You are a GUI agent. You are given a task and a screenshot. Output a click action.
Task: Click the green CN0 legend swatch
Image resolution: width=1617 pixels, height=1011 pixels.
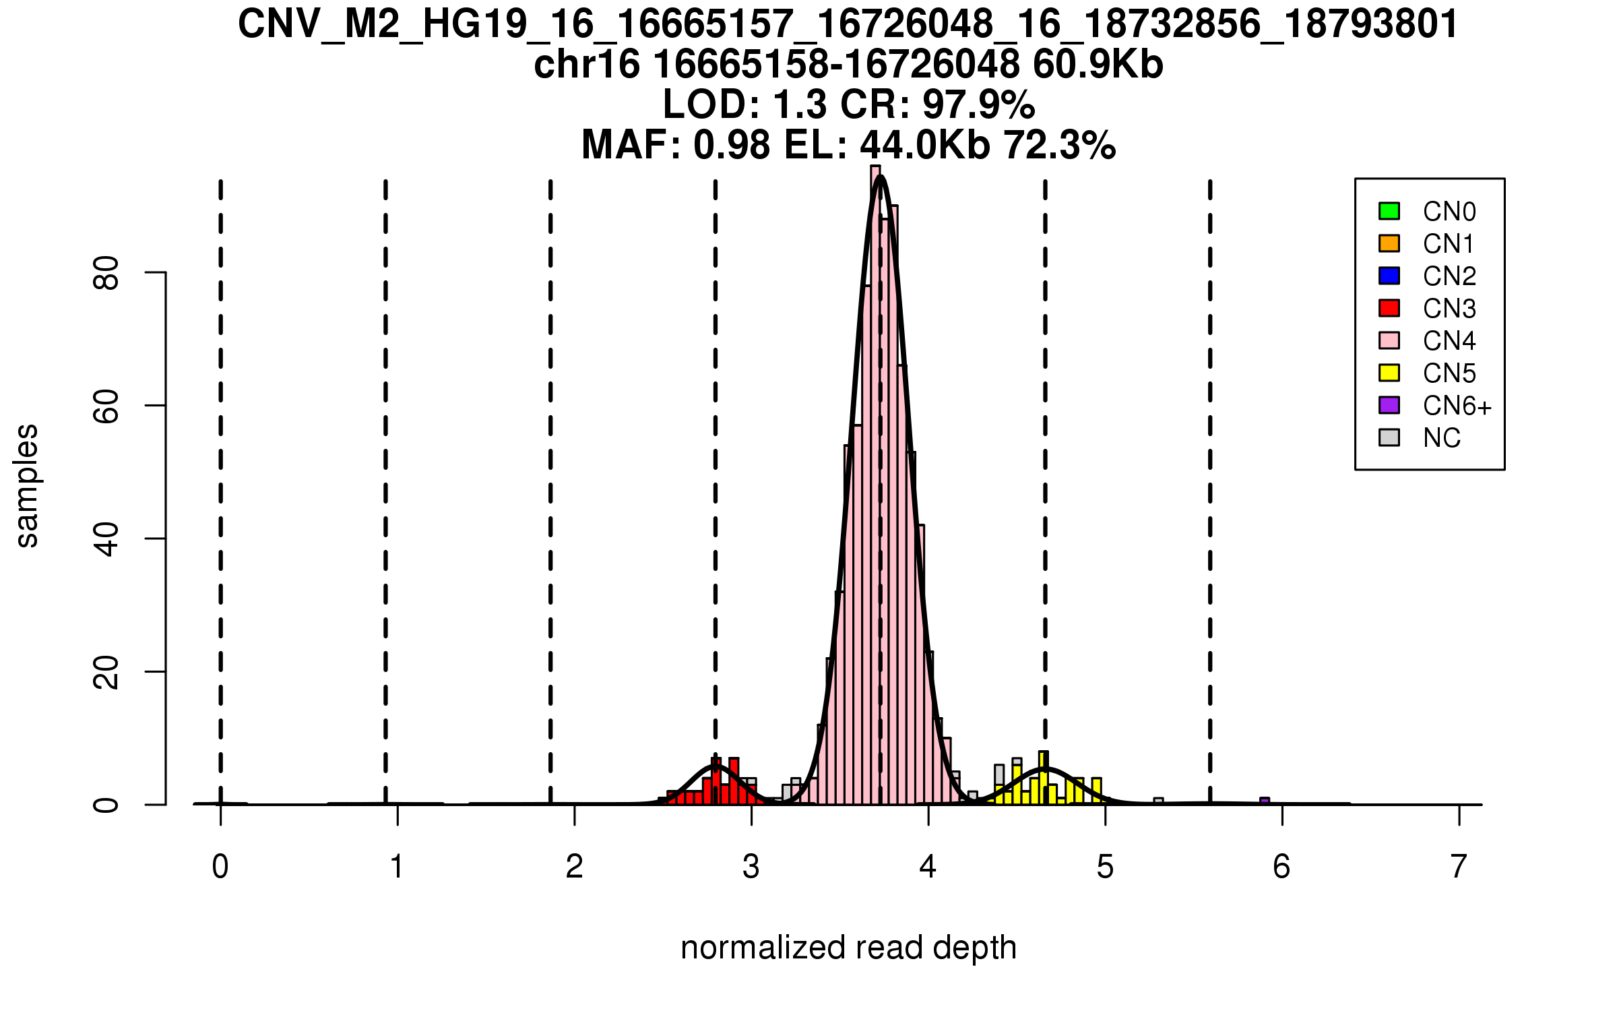click(x=1389, y=211)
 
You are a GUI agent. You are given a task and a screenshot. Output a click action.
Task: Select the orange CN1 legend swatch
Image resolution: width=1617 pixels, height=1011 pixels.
click(x=1389, y=243)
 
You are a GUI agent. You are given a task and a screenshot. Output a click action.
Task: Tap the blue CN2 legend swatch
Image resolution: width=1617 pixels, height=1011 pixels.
click(x=1389, y=276)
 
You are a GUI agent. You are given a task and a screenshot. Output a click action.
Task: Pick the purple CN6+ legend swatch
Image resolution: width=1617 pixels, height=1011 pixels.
click(x=1389, y=405)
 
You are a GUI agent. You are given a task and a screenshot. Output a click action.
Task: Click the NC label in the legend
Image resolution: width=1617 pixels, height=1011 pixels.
click(x=1442, y=438)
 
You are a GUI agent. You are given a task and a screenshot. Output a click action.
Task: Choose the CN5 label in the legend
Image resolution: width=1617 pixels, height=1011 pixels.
click(x=1449, y=373)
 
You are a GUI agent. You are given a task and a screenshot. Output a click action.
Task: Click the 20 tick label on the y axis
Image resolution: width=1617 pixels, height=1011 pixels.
click(x=106, y=672)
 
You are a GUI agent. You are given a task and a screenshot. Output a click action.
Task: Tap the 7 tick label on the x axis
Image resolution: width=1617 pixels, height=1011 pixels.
click(x=1459, y=867)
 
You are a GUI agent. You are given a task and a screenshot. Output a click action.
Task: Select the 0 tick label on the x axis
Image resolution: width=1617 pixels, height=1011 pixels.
click(x=220, y=867)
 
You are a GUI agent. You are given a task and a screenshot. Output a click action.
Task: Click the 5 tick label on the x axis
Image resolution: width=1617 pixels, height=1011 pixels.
click(x=1105, y=867)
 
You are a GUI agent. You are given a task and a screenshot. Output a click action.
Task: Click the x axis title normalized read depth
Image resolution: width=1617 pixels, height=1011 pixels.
click(x=848, y=948)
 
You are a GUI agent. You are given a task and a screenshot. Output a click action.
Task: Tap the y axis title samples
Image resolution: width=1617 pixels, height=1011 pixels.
click(x=27, y=485)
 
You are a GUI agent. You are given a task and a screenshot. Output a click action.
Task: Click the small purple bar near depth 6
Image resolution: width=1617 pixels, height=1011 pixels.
click(x=1265, y=801)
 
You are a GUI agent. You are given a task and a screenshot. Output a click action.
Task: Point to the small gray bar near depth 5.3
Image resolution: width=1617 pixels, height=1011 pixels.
click(x=1158, y=801)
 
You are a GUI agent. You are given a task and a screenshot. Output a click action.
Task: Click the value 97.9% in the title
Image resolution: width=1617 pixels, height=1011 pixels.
click(x=978, y=105)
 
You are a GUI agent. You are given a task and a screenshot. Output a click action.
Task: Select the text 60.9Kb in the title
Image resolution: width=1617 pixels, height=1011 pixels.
click(x=1098, y=65)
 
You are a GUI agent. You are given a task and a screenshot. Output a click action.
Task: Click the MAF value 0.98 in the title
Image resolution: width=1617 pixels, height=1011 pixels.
click(x=731, y=146)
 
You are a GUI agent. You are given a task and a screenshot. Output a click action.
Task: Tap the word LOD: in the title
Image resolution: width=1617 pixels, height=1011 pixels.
click(x=711, y=105)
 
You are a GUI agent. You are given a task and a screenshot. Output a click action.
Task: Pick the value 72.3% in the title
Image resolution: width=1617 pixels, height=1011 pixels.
click(x=1059, y=146)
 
